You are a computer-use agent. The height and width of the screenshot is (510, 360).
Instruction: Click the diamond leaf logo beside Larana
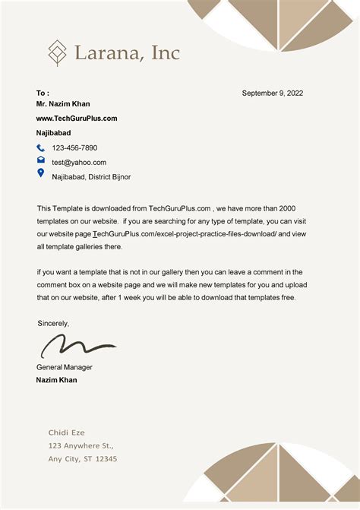click(57, 52)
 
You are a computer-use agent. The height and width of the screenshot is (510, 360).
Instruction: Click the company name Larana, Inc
click(127, 52)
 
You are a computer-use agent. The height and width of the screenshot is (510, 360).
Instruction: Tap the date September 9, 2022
click(272, 93)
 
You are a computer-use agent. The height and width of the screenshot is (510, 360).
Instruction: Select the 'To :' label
click(43, 93)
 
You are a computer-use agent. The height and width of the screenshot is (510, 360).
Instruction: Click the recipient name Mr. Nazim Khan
click(63, 103)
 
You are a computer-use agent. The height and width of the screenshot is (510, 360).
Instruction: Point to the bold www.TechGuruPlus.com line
click(77, 118)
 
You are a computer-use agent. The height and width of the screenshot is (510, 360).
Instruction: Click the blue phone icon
click(41, 148)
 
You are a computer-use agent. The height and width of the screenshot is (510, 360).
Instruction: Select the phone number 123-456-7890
click(74, 147)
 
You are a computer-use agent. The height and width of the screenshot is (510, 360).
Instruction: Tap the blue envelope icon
click(41, 160)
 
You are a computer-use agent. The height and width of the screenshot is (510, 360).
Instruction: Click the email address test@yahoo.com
click(79, 162)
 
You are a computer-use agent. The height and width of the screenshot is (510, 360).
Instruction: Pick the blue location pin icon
click(41, 173)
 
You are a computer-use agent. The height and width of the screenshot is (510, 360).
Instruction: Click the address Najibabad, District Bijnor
click(91, 176)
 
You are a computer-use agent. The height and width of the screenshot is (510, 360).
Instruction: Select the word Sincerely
click(53, 323)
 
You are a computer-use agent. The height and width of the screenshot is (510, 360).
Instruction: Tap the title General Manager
click(65, 367)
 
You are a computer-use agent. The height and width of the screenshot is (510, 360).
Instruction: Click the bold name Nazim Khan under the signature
click(56, 379)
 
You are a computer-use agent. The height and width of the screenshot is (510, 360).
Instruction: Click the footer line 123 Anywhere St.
click(81, 445)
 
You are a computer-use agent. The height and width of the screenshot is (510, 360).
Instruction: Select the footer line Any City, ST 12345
click(83, 459)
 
